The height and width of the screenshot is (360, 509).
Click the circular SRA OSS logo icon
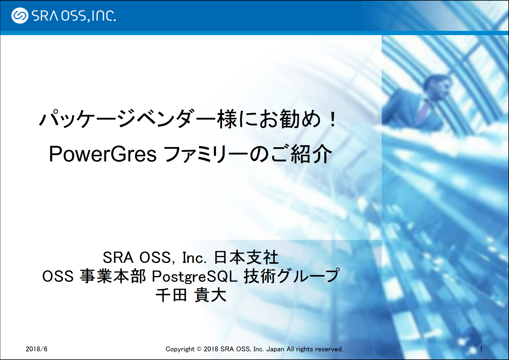pos(20,16)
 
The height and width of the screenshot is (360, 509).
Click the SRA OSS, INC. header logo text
pos(74,16)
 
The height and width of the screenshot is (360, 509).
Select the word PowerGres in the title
pos(103,154)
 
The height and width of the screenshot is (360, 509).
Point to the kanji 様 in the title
pos(227,119)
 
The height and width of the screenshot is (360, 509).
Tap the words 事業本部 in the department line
pos(113,277)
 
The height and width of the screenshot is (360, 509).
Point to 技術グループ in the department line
pos(292,276)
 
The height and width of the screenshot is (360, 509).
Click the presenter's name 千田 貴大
pos(191,295)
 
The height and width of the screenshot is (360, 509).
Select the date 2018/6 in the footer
pos(37,349)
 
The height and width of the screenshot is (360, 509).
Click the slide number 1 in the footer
pos(481,349)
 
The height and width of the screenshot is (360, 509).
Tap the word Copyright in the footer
pos(180,349)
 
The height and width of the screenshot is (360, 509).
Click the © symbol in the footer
pos(199,349)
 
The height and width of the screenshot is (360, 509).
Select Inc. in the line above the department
pos(195,258)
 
